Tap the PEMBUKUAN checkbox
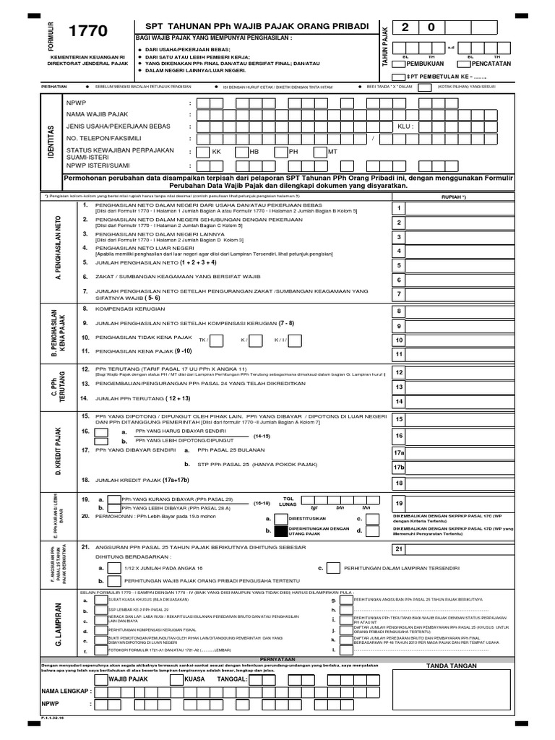[x=399, y=64]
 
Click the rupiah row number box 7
[x=398, y=294]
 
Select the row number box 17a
[x=398, y=452]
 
